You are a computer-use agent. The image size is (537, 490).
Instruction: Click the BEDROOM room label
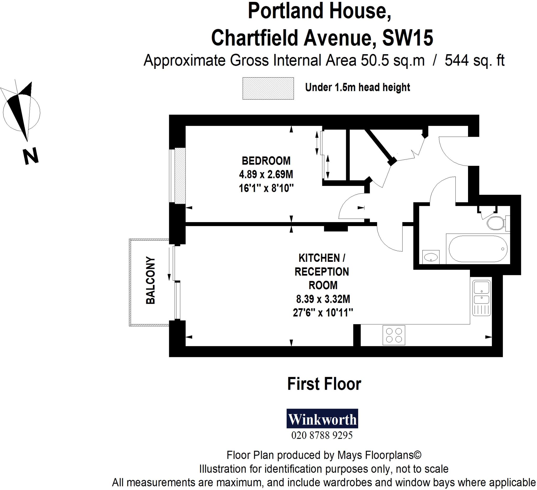point(266,161)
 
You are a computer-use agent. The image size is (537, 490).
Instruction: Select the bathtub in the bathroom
point(478,249)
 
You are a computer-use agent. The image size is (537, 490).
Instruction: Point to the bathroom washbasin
point(431,257)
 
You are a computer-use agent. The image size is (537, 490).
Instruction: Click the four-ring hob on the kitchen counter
point(394,335)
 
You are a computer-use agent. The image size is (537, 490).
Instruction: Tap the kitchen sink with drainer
point(482,298)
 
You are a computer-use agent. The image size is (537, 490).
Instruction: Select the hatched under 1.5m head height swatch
point(268,88)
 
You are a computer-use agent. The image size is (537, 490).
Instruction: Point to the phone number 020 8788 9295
point(322,436)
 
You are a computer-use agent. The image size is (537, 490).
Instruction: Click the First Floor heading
point(324,384)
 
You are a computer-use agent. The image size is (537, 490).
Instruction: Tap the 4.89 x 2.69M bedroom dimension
point(266,174)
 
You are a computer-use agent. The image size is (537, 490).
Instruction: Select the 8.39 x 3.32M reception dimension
point(323,299)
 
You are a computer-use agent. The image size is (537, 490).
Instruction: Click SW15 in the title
point(407,38)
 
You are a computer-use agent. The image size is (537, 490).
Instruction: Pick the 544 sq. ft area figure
point(474,61)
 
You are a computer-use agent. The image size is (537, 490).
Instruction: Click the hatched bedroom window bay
point(180,176)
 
